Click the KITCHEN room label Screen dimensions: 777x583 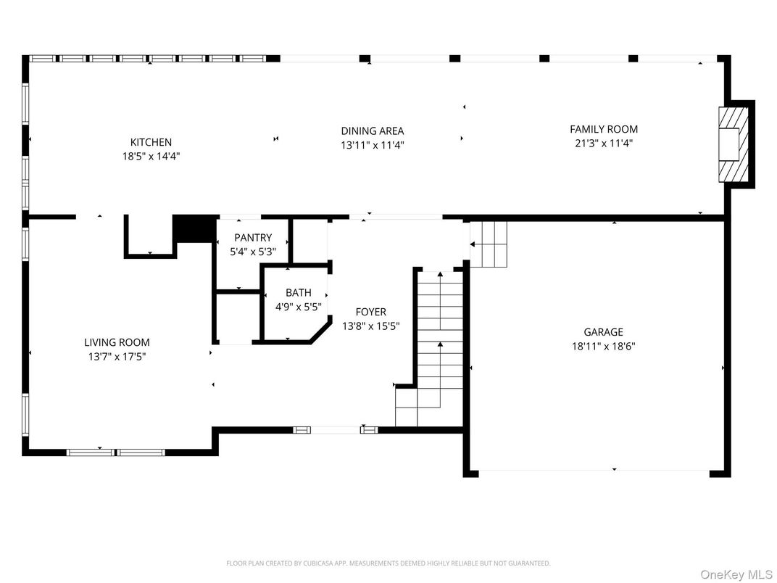tap(151, 142)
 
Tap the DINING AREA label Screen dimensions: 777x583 tap(372, 131)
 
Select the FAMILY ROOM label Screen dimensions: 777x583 tap(604, 129)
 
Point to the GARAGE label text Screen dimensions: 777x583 tap(603, 332)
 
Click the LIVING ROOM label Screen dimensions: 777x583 tap(117, 342)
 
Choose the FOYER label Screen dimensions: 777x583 tap(370, 312)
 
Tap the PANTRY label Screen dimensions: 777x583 tap(253, 237)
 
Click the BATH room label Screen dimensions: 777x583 tap(299, 292)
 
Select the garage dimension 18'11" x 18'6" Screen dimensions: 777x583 tap(603, 346)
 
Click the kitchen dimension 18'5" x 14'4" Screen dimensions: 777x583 tap(151, 157)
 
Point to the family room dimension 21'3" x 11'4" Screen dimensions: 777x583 tap(604, 144)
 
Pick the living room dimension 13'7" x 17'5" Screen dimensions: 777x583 tap(117, 356)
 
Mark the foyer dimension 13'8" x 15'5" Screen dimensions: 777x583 tap(370, 326)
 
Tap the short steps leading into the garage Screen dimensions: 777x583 tap(489, 244)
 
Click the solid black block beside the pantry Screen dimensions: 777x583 tap(195, 228)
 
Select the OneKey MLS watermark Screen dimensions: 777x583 tap(736, 574)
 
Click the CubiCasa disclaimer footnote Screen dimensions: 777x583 tap(388, 563)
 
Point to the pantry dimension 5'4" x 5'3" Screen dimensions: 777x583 tap(253, 252)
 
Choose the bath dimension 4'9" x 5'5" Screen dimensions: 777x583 tap(299, 307)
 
